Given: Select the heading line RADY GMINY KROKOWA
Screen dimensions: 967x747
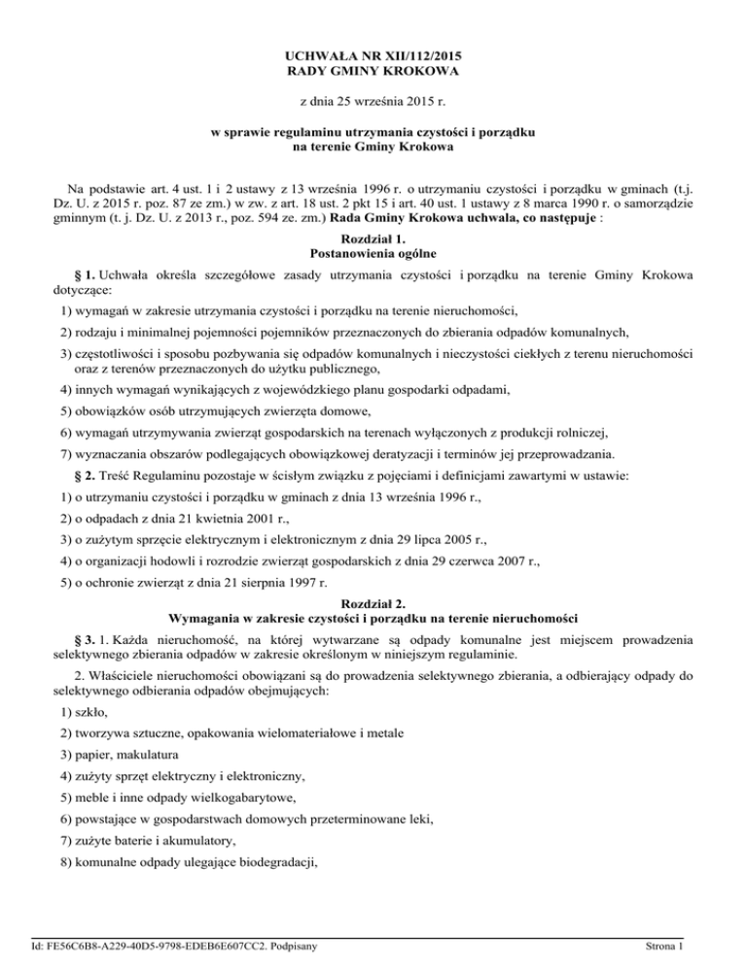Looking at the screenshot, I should pos(373,71).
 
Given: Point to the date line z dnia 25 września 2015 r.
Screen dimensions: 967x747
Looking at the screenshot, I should pos(373,101).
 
